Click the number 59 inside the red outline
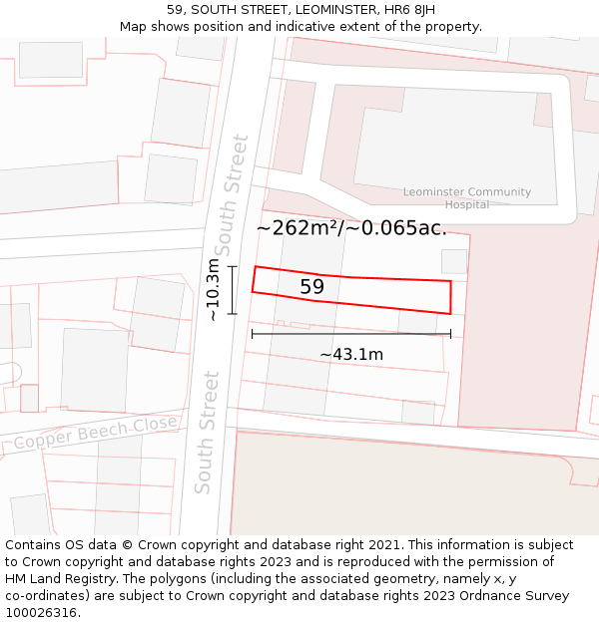pos(311,287)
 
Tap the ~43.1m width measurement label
pos(351,354)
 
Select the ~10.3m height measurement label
pos(213,289)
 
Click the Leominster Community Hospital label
pos(467,198)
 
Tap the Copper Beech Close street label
pos(95,434)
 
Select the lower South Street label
pos(206,433)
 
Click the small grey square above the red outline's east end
pos(454,261)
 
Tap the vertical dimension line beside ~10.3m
pos(233,289)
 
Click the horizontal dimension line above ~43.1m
pos(351,334)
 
